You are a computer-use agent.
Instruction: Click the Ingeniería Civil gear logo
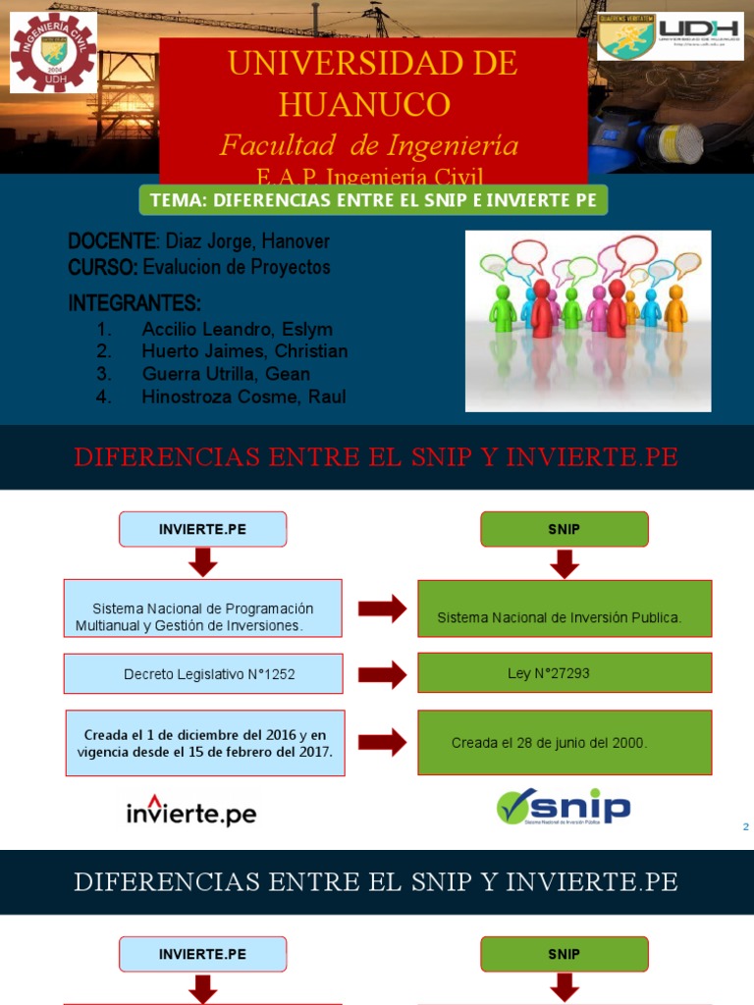[53, 52]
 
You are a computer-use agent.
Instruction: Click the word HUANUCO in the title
[364, 103]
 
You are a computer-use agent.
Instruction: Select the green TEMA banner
[375, 200]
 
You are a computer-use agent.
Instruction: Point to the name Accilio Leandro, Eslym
[237, 329]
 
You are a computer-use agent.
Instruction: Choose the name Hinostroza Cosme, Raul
[243, 397]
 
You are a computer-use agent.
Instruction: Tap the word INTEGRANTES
[135, 302]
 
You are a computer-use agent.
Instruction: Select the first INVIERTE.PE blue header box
[203, 529]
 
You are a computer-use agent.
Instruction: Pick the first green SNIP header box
[565, 529]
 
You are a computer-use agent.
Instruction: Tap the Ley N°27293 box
[565, 673]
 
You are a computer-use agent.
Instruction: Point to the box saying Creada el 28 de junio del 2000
[565, 743]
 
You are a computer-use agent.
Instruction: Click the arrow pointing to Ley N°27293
[382, 674]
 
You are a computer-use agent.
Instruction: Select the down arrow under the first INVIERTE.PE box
[203, 562]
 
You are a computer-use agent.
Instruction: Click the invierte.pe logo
[191, 812]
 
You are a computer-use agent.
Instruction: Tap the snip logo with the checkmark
[564, 808]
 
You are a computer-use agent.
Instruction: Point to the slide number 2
[746, 827]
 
